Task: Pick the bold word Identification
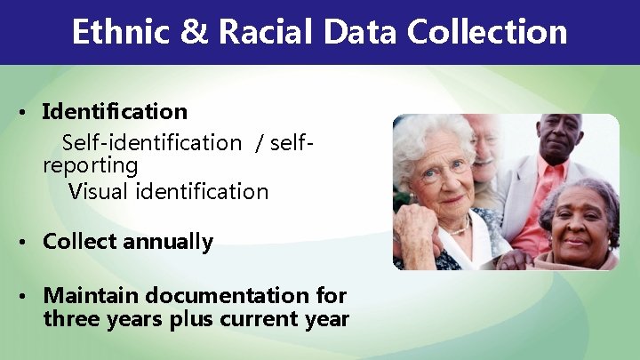[115, 112]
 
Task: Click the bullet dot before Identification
[29, 113]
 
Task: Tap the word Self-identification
[151, 142]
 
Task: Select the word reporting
[90, 166]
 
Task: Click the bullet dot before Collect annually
[29, 242]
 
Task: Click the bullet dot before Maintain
[29, 295]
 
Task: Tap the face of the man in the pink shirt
[558, 147]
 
